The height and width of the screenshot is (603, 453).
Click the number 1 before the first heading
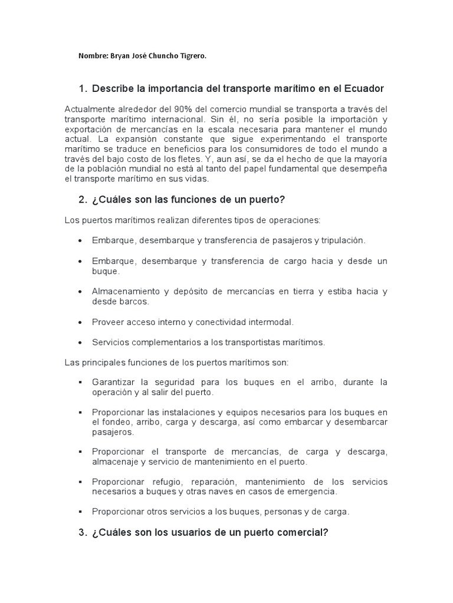81,89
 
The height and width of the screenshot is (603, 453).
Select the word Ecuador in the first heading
362,89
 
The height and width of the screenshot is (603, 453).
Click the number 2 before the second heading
81,200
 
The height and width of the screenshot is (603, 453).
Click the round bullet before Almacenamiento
80,292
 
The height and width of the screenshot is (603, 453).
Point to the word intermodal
271,322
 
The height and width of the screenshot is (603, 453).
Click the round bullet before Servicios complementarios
80,342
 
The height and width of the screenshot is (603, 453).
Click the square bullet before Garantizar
80,383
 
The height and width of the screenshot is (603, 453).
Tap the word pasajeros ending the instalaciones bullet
113,432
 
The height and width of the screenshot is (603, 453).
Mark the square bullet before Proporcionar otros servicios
80,512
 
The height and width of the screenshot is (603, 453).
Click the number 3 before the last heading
81,533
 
